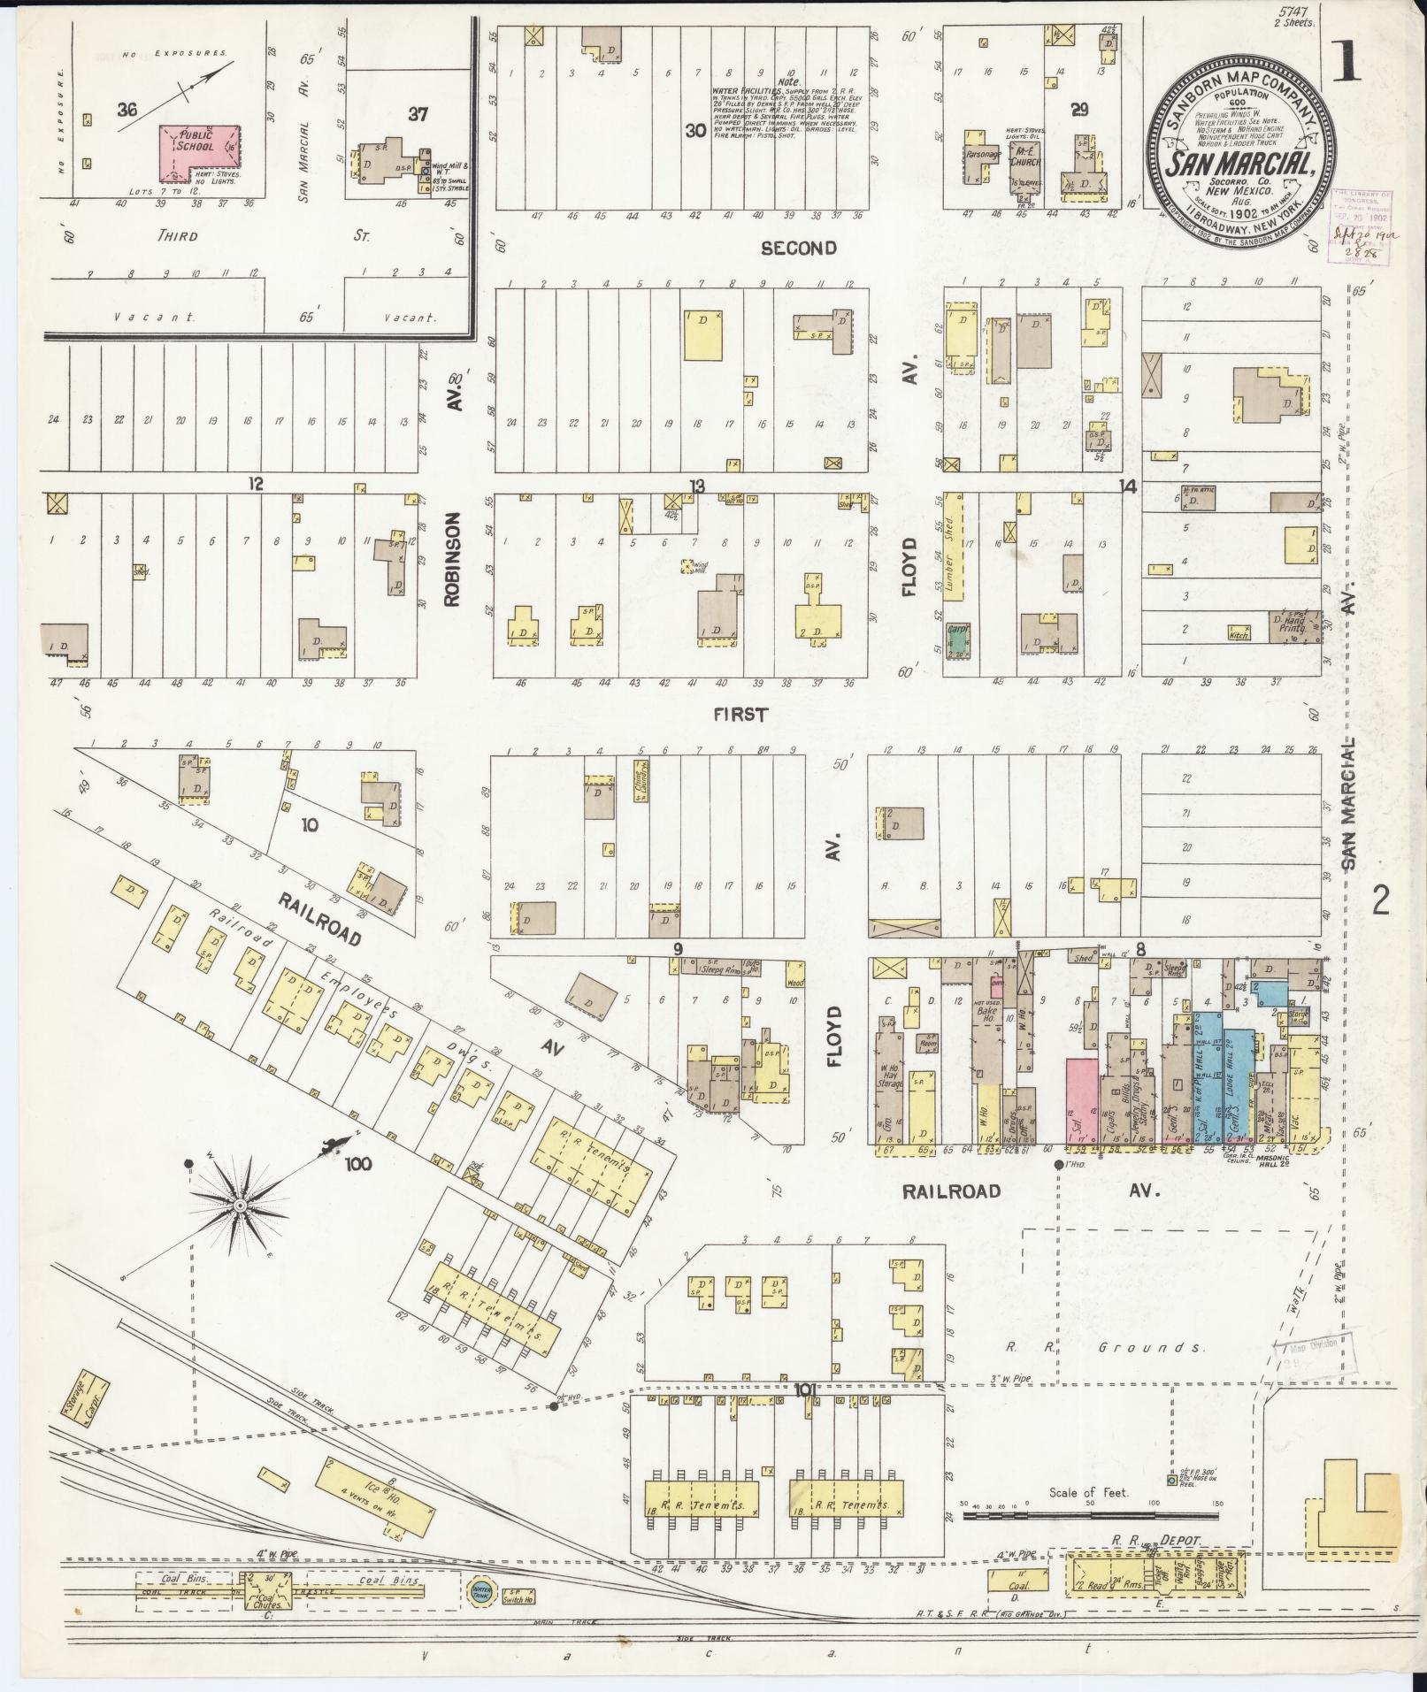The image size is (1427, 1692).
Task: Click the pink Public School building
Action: (x=199, y=147)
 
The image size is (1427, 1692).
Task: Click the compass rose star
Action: (x=240, y=1206)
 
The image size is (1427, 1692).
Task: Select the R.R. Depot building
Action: (x=1155, y=1579)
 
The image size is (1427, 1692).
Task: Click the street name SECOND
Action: (x=799, y=249)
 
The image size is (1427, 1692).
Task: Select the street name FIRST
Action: (x=741, y=714)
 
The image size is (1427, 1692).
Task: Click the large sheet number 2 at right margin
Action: (x=1381, y=902)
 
